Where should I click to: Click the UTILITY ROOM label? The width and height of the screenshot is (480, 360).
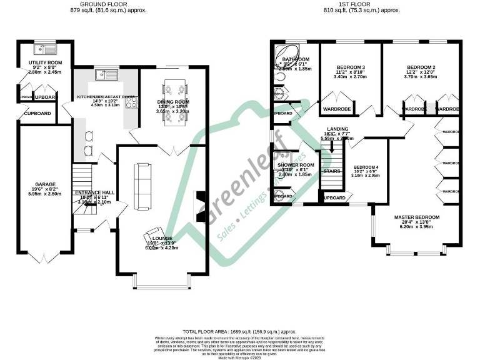coord(46,63)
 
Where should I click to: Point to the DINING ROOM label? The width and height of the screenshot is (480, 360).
coord(172,101)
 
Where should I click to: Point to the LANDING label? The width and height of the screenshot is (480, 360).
coord(337,129)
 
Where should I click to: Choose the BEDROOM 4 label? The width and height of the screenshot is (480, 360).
coord(366,167)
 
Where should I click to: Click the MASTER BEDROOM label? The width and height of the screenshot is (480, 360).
coord(416,217)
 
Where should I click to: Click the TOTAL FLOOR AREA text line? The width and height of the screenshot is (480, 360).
coord(239,330)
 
